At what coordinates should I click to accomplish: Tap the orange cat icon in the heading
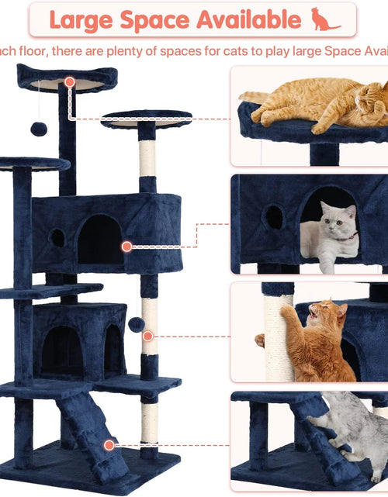tap(325, 19)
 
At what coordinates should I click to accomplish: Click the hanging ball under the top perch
tap(39, 129)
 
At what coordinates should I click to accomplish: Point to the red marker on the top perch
tap(70, 81)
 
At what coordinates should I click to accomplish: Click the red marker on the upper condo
tap(126, 246)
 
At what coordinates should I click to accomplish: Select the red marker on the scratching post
tap(148, 336)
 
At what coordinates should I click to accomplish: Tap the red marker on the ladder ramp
tap(109, 444)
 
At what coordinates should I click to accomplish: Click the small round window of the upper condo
tap(58, 237)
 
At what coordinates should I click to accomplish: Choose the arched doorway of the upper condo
tap(99, 240)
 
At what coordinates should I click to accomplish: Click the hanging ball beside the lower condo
tap(135, 324)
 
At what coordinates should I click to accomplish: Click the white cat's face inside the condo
tap(338, 223)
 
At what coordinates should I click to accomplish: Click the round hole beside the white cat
tap(273, 217)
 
